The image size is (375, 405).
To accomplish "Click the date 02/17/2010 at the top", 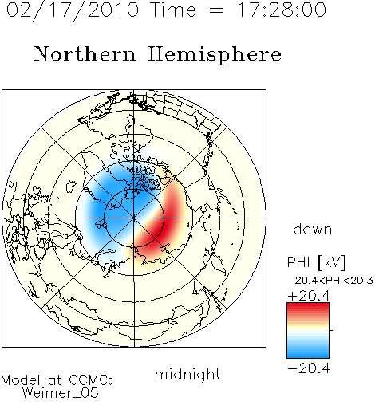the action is (x=73, y=10).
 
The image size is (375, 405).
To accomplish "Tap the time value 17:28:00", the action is (x=282, y=10).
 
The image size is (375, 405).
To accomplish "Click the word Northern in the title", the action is (x=85, y=54).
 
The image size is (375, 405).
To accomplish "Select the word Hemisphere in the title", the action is (x=215, y=55).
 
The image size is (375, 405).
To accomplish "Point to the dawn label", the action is (x=313, y=229).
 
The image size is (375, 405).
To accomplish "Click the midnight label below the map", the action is (x=187, y=375).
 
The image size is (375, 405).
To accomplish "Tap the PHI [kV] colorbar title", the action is (x=317, y=262).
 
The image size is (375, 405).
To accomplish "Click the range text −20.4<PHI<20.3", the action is (x=330, y=281).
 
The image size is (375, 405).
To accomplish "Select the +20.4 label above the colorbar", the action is (x=309, y=296).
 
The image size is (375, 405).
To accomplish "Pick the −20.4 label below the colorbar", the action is (x=309, y=368).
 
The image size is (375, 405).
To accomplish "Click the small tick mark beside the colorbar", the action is (x=331, y=330).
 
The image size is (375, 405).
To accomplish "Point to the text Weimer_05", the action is (x=61, y=392).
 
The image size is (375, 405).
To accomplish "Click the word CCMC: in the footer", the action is (x=91, y=380).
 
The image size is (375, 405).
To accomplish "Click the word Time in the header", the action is (x=173, y=10).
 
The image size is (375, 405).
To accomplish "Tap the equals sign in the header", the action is (x=216, y=10).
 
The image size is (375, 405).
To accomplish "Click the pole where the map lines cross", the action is (x=134, y=218).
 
